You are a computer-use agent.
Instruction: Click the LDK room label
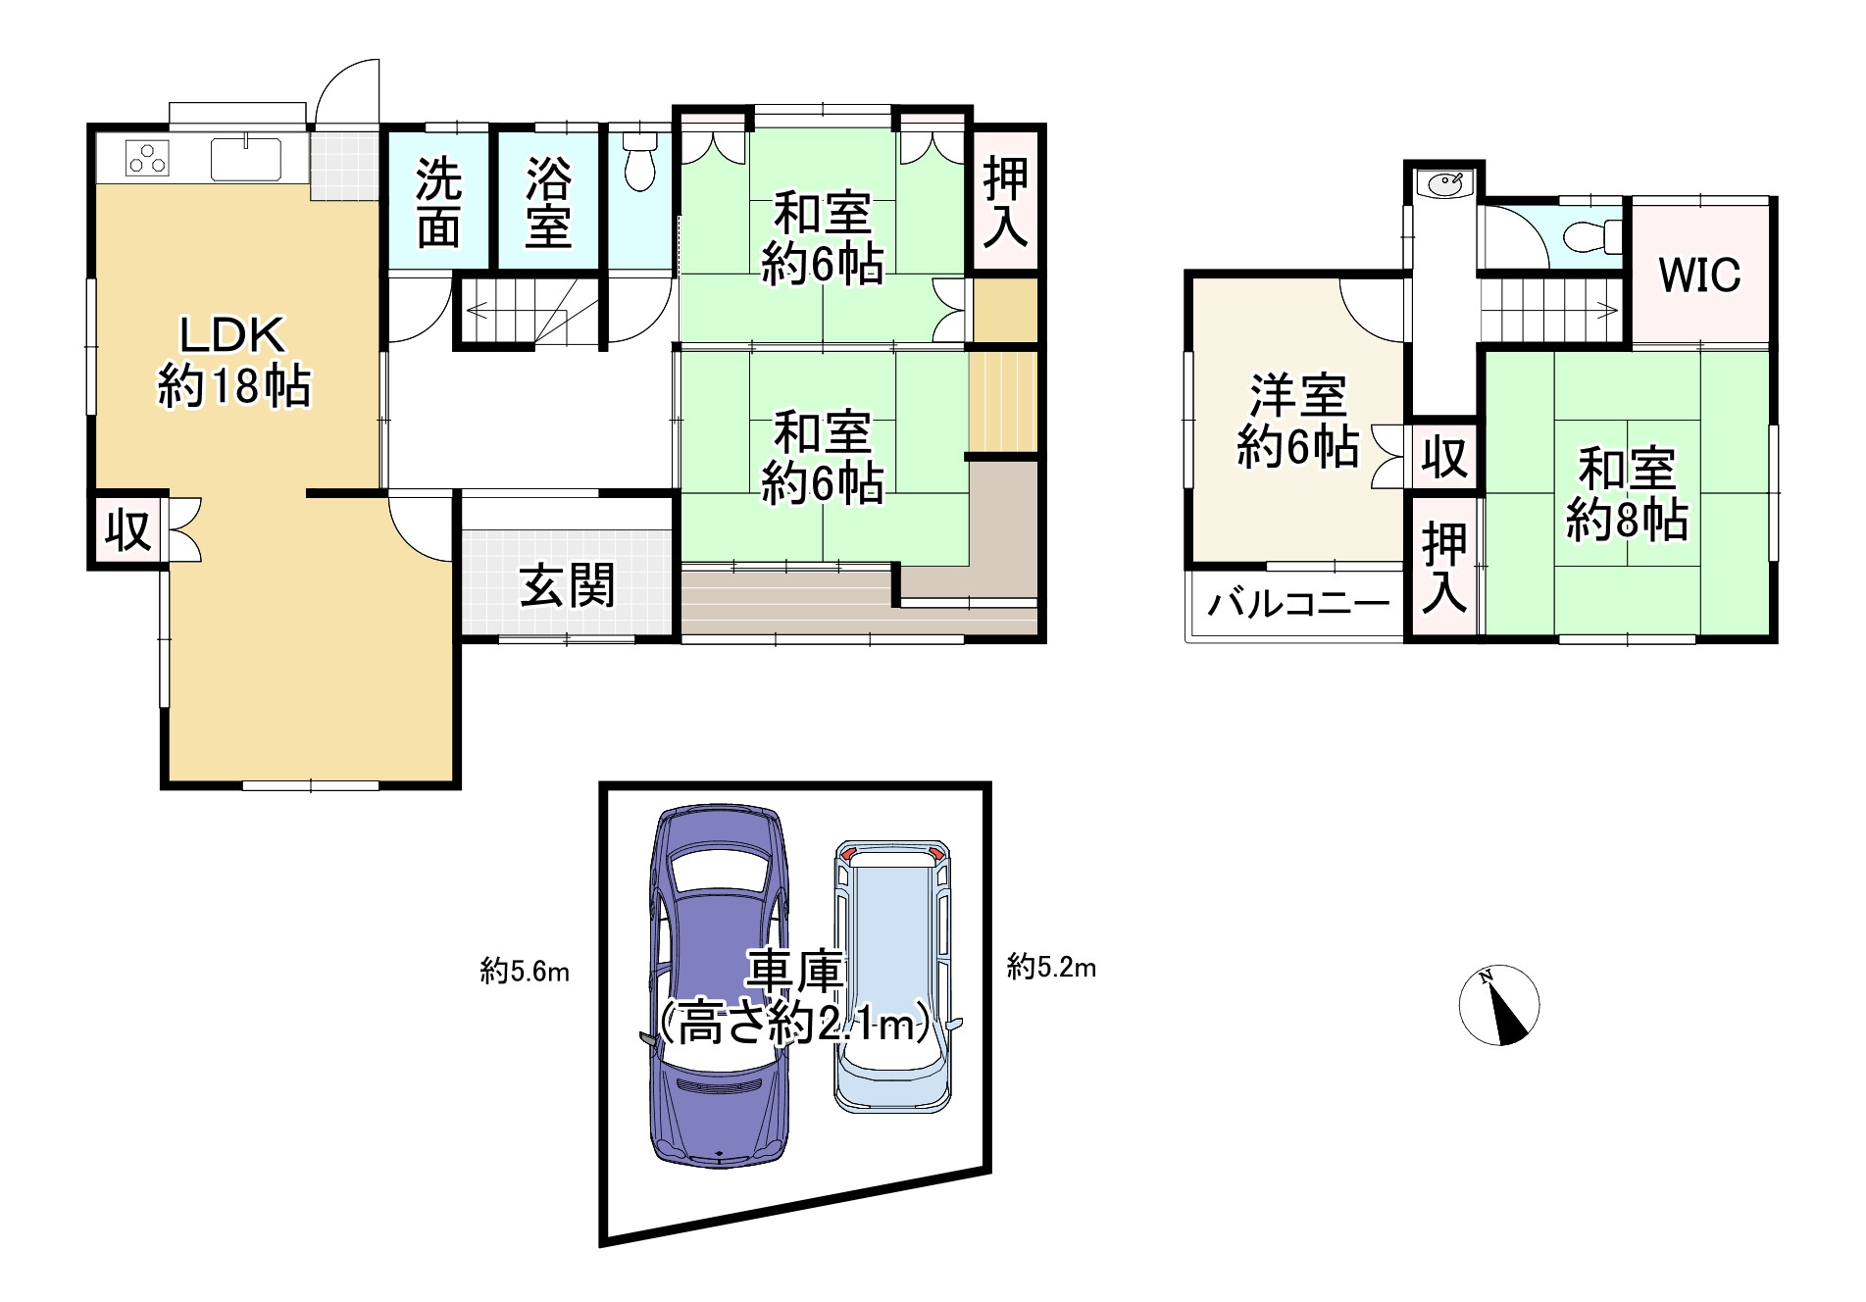(233, 360)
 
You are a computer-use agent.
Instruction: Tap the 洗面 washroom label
(438, 203)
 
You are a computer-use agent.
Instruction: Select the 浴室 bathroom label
(548, 203)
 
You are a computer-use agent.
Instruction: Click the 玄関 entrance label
(567, 585)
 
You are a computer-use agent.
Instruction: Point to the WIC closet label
(1699, 275)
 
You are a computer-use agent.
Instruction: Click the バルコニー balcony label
(1298, 602)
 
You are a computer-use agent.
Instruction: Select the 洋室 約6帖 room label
(1297, 421)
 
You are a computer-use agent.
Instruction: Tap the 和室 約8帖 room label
(1627, 494)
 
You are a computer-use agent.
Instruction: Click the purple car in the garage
(719, 985)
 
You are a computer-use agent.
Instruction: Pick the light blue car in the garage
(893, 976)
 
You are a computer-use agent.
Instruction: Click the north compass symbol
(1498, 1005)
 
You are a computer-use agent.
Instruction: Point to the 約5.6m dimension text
(525, 972)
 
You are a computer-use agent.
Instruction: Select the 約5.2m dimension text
(1051, 968)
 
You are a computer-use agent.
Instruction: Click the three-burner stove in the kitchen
(148, 158)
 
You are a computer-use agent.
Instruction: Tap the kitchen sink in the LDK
(246, 159)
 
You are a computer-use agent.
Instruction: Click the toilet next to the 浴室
(639, 162)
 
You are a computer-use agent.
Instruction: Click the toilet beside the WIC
(1589, 236)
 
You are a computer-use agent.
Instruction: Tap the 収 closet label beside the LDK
(127, 530)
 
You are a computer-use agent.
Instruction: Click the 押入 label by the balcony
(1444, 568)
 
